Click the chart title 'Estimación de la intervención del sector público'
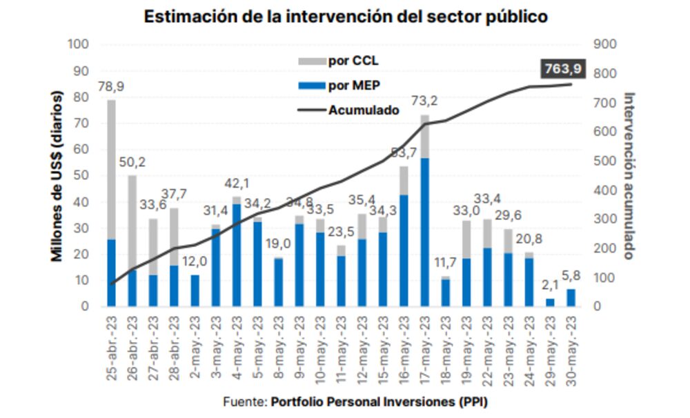tap(345, 17)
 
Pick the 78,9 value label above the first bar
tap(110, 87)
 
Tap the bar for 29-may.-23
tap(550, 302)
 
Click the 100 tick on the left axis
tap(79, 45)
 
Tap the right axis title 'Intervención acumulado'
tap(629, 176)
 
